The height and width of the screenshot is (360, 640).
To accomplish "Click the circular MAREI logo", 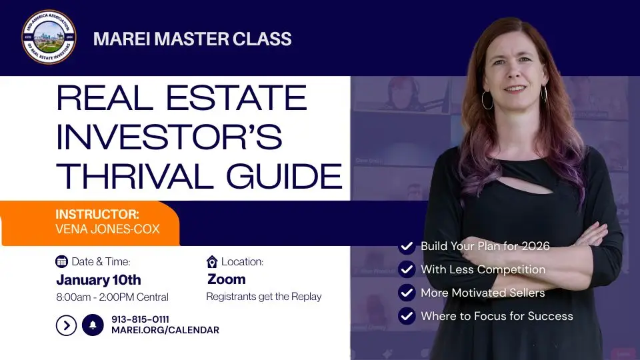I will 48,37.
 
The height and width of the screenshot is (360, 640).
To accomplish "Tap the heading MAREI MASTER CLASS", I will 193,39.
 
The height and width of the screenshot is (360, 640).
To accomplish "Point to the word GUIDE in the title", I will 289,176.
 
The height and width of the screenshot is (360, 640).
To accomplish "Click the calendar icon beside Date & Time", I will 62,261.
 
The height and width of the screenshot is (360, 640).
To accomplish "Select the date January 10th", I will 98,280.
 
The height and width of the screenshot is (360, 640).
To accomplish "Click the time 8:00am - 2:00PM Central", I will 112,297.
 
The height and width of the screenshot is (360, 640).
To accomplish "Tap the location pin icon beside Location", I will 212,261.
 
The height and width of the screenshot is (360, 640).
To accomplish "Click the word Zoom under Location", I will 226,279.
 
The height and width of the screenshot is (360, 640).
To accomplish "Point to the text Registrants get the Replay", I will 263,297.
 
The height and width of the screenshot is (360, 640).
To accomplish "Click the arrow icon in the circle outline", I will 66,325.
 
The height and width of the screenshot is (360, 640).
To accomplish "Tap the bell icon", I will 93,325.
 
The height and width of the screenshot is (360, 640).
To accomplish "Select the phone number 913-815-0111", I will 140,320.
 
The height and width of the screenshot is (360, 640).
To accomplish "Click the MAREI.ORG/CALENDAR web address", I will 165,331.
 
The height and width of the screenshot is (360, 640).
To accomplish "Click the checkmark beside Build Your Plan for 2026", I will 407,247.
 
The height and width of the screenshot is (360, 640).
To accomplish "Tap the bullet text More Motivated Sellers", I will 482,293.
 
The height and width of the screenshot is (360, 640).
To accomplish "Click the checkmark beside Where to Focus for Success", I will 407,316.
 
